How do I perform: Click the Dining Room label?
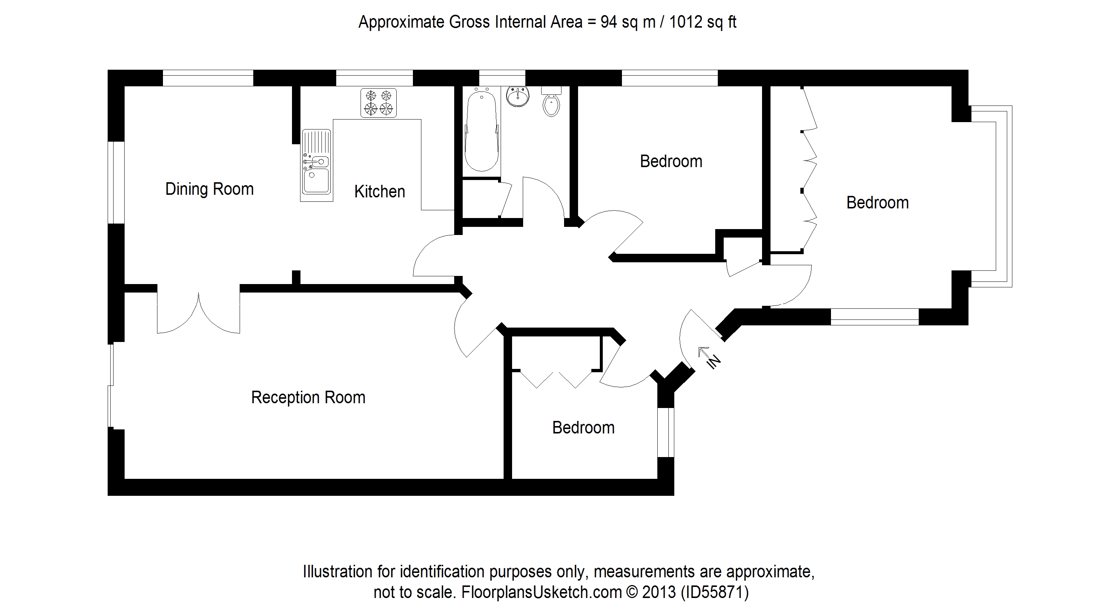(209, 189)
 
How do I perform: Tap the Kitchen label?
(380, 191)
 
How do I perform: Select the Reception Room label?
(308, 397)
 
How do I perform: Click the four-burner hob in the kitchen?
(378, 103)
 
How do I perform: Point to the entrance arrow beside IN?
(703, 352)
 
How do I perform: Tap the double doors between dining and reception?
(198, 311)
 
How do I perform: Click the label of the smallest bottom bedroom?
(583, 428)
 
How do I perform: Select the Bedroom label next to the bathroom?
(671, 162)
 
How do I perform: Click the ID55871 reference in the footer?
(715, 592)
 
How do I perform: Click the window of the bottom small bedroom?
(666, 432)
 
